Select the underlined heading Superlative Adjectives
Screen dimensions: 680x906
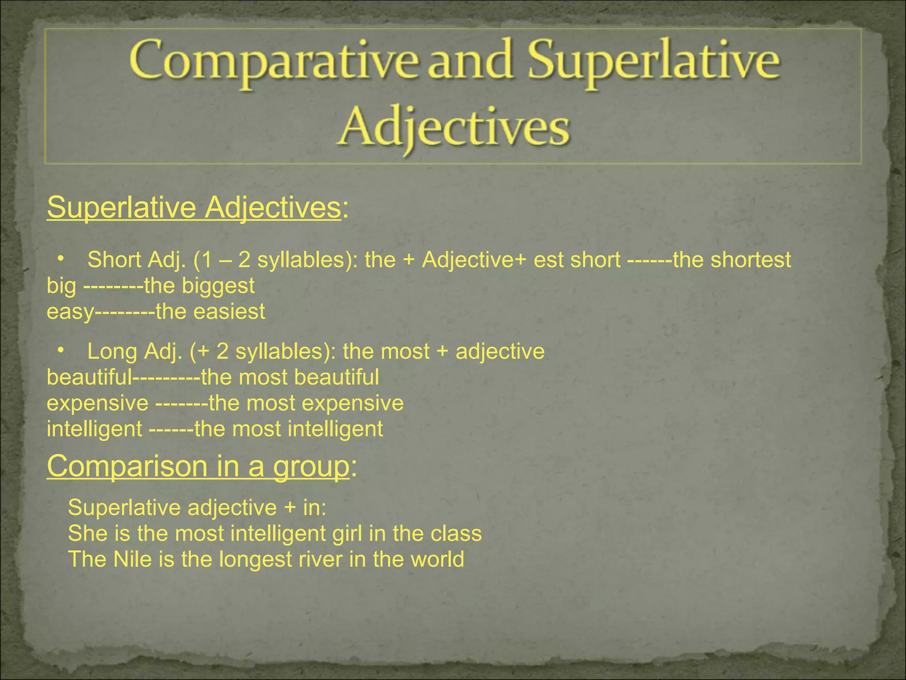click(x=194, y=207)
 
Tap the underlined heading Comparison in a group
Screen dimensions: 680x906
click(x=198, y=466)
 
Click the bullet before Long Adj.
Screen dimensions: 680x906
click(x=61, y=351)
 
